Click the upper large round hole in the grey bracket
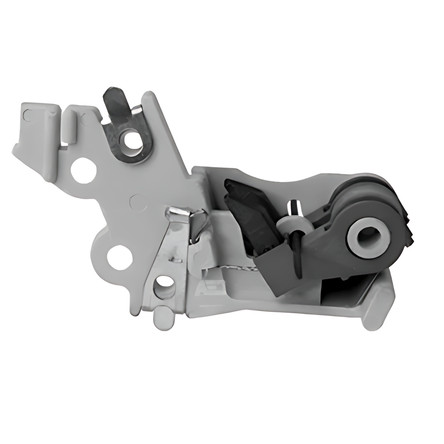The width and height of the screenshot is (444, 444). point(83,170)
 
